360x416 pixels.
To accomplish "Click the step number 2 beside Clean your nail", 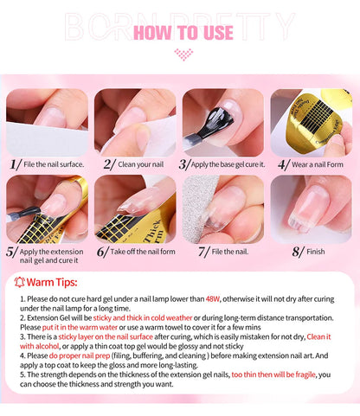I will tap(109, 163).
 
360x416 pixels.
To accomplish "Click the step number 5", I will tap(11, 253).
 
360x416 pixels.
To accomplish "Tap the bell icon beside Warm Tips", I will tap(21, 282).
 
